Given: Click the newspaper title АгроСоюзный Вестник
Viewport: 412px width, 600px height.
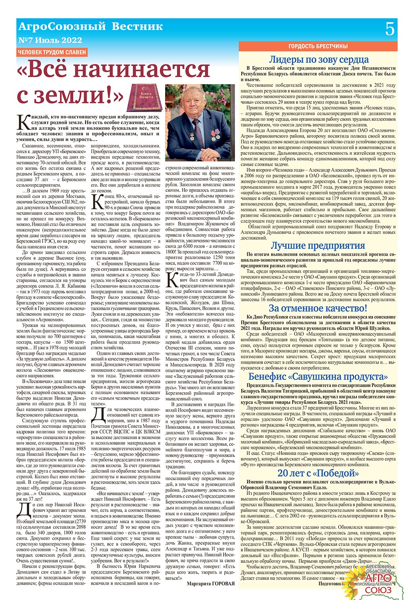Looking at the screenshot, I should click(90, 26).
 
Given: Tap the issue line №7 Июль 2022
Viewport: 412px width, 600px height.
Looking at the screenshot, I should click(50, 40).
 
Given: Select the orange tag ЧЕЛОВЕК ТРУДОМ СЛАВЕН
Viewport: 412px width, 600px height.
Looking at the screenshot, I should click(52, 53).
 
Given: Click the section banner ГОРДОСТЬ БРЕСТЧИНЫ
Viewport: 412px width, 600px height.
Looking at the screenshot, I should click(318, 46).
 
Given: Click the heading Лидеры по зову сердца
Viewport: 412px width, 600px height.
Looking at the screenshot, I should click(318, 60).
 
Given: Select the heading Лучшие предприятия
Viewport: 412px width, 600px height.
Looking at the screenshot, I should click(317, 245).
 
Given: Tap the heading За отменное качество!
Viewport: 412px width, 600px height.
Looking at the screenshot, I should click(318, 308).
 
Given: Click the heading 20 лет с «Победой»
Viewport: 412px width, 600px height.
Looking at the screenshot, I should click(318, 473).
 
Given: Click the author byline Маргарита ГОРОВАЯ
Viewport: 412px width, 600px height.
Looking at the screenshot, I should click(211, 583).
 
